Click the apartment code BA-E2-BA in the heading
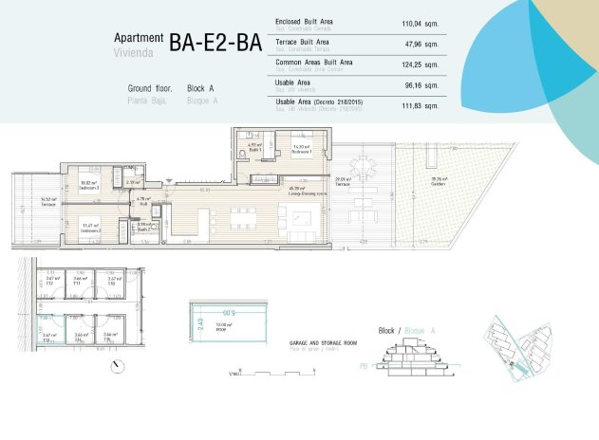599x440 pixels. [215, 42]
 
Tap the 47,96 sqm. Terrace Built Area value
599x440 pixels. [421, 44]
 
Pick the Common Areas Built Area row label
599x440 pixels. [313, 62]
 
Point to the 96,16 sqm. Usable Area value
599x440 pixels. [421, 84]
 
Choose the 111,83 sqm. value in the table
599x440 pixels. [420, 105]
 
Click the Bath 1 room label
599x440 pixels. [254, 148]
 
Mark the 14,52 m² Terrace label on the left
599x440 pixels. [46, 201]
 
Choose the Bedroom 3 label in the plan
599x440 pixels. [91, 229]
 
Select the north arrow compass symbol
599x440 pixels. [117, 365]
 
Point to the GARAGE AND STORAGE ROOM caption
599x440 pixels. [323, 342]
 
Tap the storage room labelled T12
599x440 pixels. [50, 281]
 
